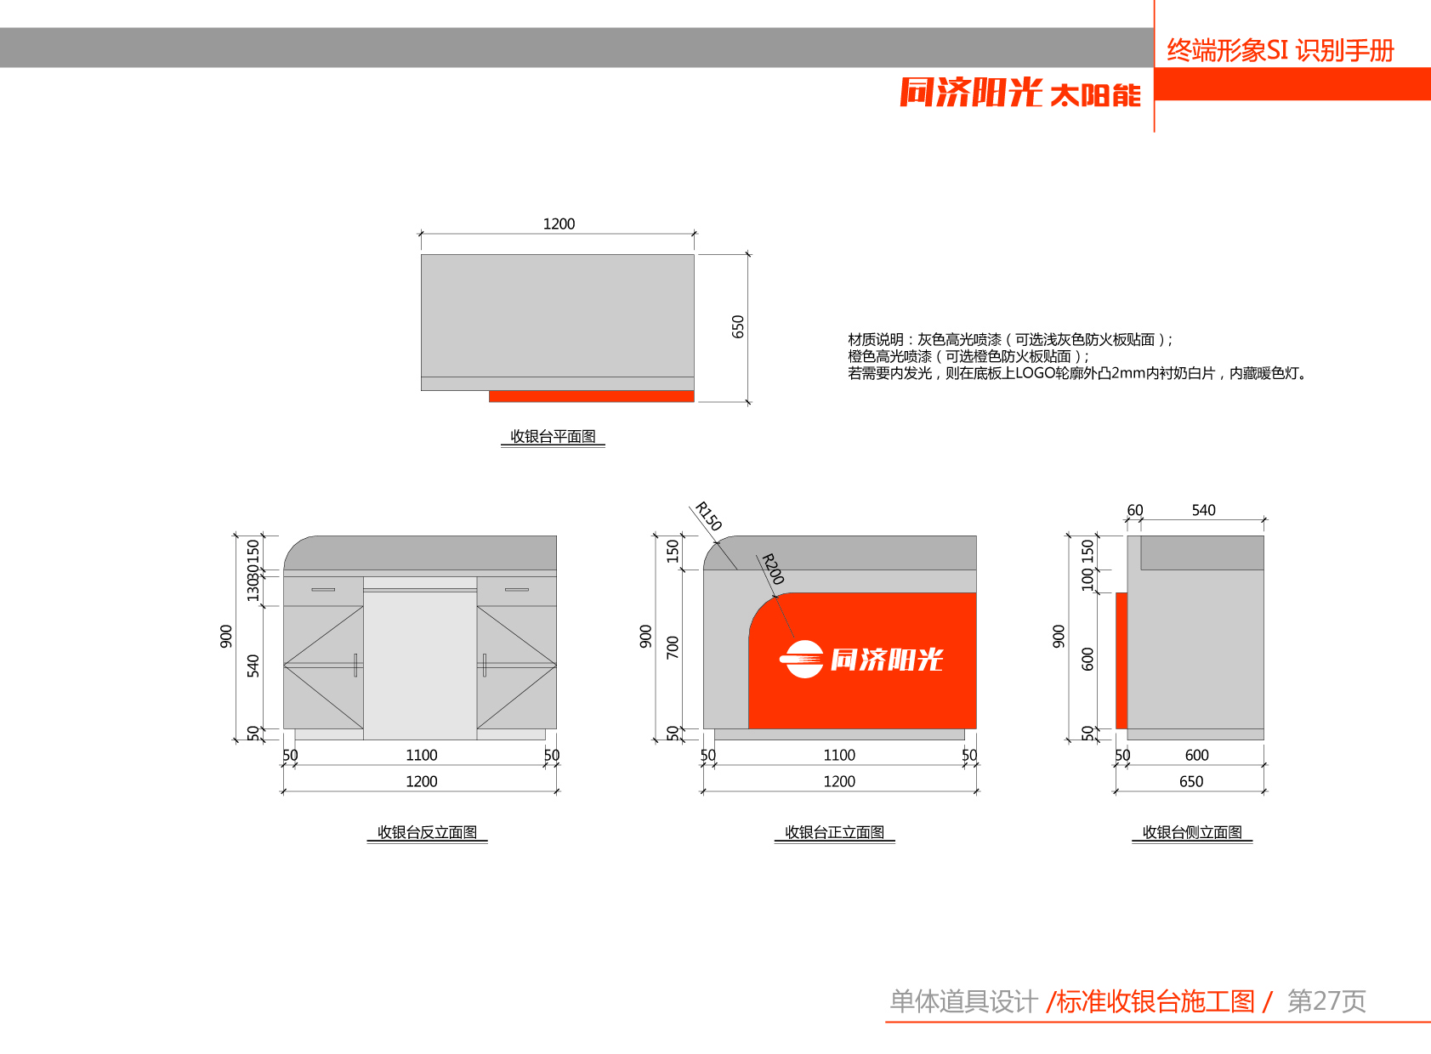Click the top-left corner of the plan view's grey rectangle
(421, 255)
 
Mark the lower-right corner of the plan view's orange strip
(694, 402)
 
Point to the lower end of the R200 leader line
(794, 637)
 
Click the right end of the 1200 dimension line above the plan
(695, 234)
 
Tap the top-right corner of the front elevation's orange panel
(976, 593)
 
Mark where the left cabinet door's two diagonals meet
(284, 666)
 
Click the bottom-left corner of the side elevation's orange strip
(1116, 728)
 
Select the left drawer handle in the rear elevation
(323, 590)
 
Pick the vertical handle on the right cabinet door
(485, 665)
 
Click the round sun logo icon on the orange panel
(801, 659)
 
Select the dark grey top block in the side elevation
(1202, 552)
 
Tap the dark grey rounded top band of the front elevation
(840, 552)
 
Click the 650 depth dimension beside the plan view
(738, 326)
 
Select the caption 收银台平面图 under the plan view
(553, 436)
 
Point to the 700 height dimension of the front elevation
(673, 647)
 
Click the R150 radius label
(708, 516)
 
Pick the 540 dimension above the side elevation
(1204, 510)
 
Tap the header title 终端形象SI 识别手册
(1281, 50)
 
